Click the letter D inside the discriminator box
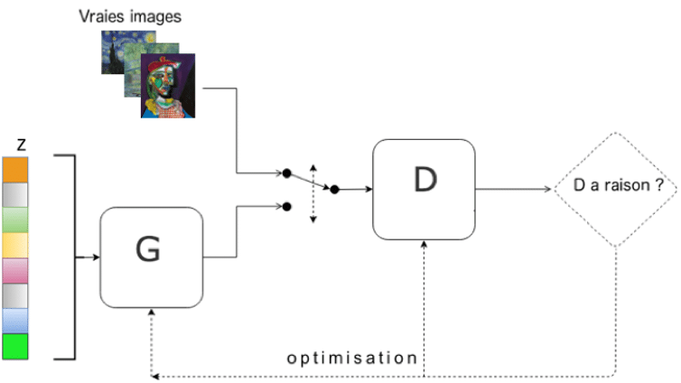(x=424, y=180)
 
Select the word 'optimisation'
(x=352, y=357)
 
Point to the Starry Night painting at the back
(x=117, y=54)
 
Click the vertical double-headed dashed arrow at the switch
(x=313, y=192)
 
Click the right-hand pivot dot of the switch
(x=334, y=190)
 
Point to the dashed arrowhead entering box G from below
(x=150, y=313)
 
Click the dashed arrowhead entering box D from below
(x=424, y=246)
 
